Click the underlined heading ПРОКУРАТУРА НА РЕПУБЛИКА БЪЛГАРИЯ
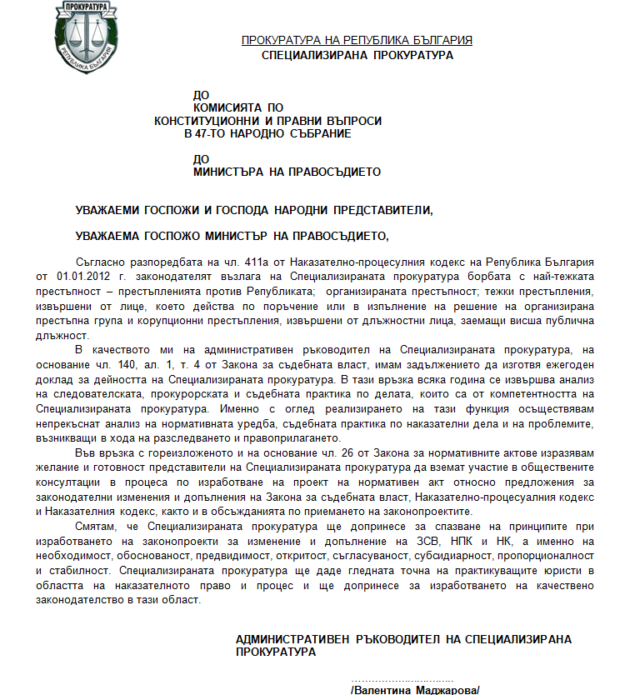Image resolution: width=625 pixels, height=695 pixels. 357,40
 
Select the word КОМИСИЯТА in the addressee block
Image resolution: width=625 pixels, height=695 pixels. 230,107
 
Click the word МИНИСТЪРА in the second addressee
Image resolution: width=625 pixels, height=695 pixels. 231,172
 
